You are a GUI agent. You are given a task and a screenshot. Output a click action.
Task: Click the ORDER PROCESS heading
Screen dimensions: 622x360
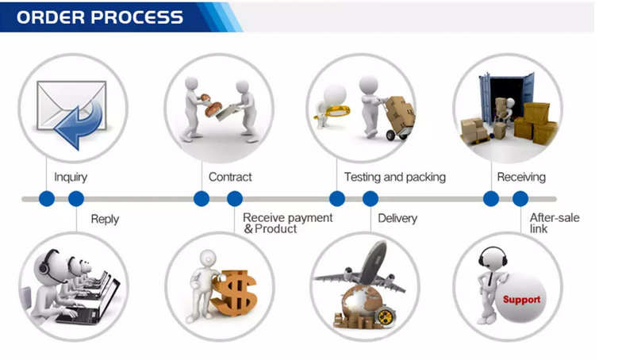coord(100,17)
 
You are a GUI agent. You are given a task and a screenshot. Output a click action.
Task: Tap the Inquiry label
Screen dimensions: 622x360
coord(71,178)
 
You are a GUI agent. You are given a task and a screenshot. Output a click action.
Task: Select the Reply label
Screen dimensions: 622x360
coord(105,219)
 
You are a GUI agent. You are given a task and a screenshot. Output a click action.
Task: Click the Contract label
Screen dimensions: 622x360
coord(230,177)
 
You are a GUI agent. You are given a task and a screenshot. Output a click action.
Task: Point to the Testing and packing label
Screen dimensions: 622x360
coord(395,177)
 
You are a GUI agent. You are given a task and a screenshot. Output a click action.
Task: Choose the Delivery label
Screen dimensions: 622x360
coord(397,219)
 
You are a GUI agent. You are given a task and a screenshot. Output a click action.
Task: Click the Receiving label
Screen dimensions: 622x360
coord(521,178)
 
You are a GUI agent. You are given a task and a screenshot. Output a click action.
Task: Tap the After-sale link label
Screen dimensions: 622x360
coord(555,223)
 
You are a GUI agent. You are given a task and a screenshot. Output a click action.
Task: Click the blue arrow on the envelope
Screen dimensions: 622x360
coord(79,125)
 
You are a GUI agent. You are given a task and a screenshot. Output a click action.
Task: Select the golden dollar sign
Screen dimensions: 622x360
coord(234,293)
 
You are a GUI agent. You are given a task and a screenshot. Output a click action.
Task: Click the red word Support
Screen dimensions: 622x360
coord(521,300)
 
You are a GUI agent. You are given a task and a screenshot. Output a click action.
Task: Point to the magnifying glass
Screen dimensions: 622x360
coord(332,111)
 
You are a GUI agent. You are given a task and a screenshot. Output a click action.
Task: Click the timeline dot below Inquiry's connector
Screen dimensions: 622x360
coord(47,198)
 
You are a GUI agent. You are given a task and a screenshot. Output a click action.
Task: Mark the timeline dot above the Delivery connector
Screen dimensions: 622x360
coord(371,198)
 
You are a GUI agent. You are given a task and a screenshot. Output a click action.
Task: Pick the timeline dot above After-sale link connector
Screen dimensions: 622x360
coord(520,198)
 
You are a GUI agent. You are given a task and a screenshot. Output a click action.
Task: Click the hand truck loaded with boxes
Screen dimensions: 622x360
coord(398,118)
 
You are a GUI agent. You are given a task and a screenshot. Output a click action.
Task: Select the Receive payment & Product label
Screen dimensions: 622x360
coord(287,223)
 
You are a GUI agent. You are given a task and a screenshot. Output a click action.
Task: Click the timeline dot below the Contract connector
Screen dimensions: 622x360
coord(202,198)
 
